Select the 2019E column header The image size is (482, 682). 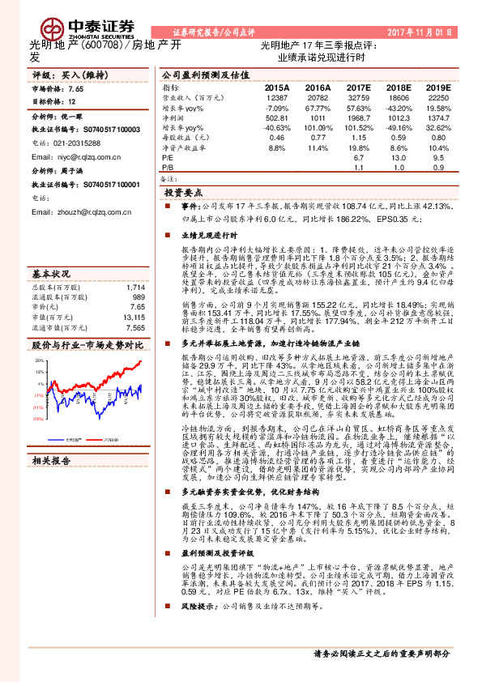pos(438,87)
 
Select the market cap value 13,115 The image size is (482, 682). pos(134,317)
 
